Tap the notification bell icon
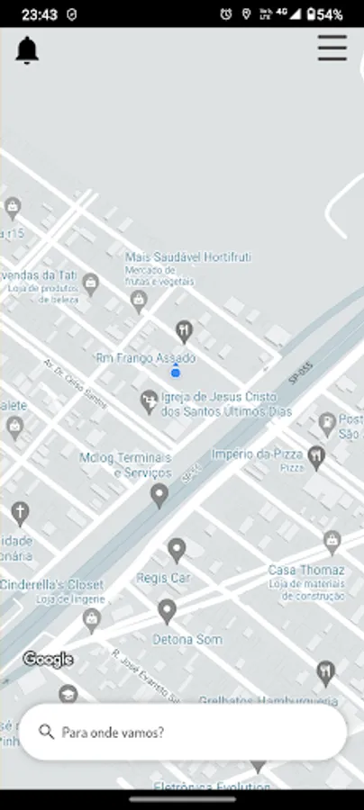tap(27, 50)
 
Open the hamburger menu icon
tap(332, 48)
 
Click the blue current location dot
tap(176, 372)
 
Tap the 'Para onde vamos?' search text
tap(113, 733)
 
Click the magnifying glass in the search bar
tap(47, 732)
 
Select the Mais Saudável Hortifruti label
tap(187, 257)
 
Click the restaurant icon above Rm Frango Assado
tap(184, 331)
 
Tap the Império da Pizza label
tap(257, 454)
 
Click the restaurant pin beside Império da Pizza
tap(315, 456)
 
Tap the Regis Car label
tap(164, 578)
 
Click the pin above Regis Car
tap(177, 549)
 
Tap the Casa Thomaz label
tap(305, 571)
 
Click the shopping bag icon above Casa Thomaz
tap(332, 540)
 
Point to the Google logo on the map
tap(48, 660)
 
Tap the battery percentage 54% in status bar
tap(329, 14)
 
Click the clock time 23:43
tap(40, 14)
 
